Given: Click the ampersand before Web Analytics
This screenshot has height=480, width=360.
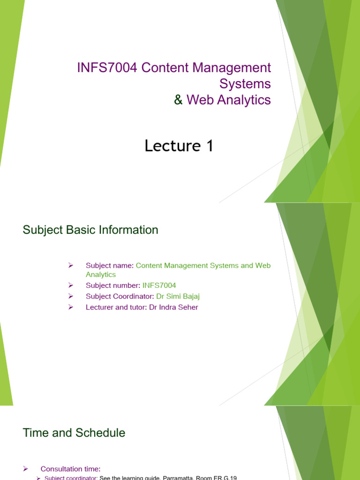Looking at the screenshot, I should [179, 100].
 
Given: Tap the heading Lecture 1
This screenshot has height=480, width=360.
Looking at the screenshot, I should [179, 146].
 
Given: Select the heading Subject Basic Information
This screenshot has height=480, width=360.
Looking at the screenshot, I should [90, 230].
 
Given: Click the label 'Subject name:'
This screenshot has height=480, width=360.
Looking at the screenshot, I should [110, 265].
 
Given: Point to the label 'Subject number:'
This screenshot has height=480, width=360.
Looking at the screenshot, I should [113, 285].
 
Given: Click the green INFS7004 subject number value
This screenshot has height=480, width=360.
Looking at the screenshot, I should [159, 285].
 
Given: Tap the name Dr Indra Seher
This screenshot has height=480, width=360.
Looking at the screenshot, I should [173, 307].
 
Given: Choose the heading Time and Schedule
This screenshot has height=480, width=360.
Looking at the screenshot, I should [74, 433].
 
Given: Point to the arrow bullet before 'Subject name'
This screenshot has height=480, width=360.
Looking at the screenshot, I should [71, 265].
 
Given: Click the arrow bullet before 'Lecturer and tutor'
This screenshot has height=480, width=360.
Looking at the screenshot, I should [71, 307].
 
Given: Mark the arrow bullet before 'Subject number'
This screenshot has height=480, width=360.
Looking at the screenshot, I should [71, 285].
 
